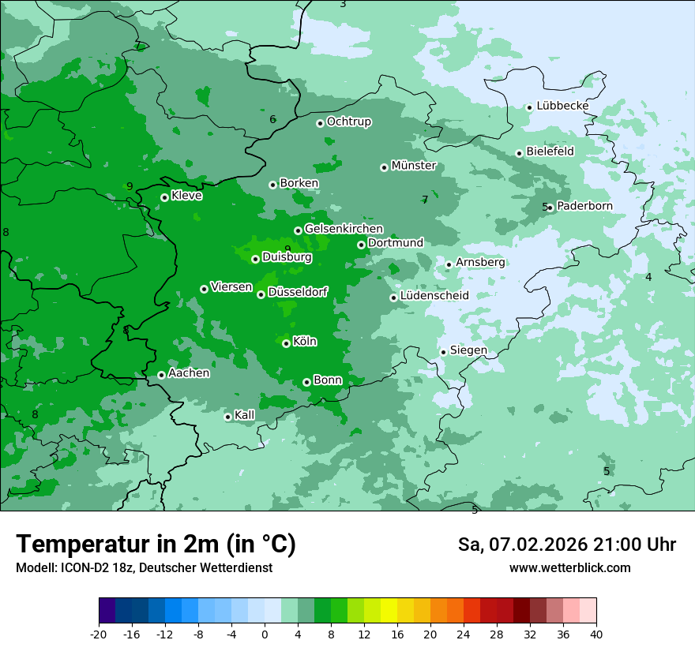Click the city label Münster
pyautogui.click(x=413, y=166)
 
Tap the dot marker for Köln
pyautogui.click(x=286, y=343)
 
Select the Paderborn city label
pyautogui.click(x=584, y=206)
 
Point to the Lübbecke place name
pyautogui.click(x=562, y=106)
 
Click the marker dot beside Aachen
pyautogui.click(x=161, y=375)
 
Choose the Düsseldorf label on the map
pyautogui.click(x=297, y=292)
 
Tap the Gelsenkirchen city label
pyautogui.click(x=344, y=229)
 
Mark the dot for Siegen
pyautogui.click(x=443, y=352)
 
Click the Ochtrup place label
pyautogui.click(x=348, y=122)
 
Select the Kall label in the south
pyautogui.click(x=244, y=415)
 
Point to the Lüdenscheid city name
pyautogui.click(x=434, y=296)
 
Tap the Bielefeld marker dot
pyautogui.click(x=519, y=153)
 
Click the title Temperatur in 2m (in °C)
pyautogui.click(x=156, y=545)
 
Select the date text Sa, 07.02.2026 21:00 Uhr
pyautogui.click(x=566, y=545)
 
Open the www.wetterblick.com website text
pyautogui.click(x=569, y=568)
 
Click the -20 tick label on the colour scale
pyautogui.click(x=99, y=634)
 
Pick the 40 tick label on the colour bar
pyautogui.click(x=595, y=634)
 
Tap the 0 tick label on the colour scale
pyautogui.click(x=265, y=634)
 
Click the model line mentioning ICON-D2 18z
pyautogui.click(x=144, y=568)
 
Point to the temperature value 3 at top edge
pyautogui.click(x=343, y=4)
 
